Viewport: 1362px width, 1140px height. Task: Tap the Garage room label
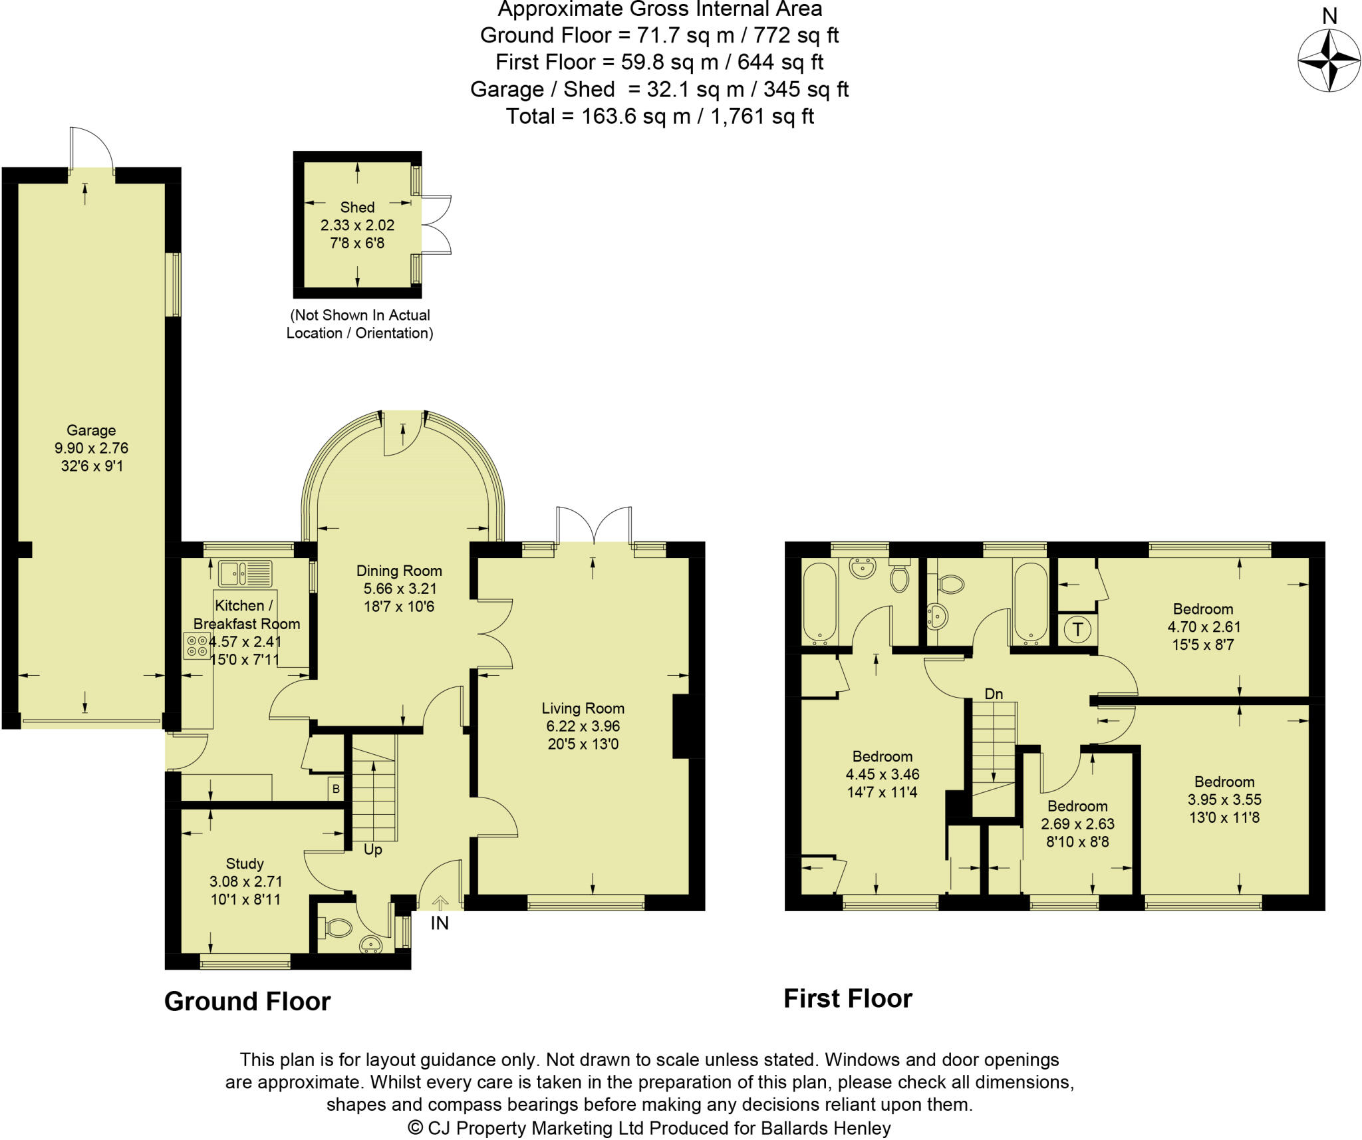[91, 430]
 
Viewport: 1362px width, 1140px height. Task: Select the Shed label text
[357, 208]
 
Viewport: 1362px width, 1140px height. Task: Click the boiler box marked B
[336, 789]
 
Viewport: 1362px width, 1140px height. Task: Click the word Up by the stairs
[372, 850]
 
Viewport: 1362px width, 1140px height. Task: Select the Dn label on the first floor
[994, 694]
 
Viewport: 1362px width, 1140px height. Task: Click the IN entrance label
[440, 923]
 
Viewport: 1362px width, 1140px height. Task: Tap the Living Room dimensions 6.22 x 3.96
[583, 726]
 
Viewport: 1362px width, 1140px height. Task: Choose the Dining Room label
[399, 571]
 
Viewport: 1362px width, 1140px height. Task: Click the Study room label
[245, 864]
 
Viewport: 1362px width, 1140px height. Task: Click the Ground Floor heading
[247, 1002]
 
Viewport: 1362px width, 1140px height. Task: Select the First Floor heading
[848, 998]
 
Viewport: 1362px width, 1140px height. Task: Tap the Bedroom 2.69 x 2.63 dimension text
[1077, 824]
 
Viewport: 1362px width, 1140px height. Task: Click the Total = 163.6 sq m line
[660, 116]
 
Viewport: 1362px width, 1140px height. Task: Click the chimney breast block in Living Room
[682, 726]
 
